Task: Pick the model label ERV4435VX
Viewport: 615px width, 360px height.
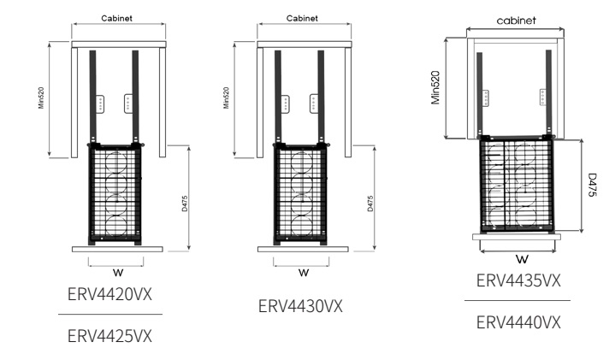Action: [517, 281]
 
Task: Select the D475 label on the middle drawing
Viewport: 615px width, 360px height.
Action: [370, 205]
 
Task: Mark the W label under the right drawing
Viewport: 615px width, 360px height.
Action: [518, 258]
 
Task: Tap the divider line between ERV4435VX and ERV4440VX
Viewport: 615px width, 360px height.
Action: [517, 301]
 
